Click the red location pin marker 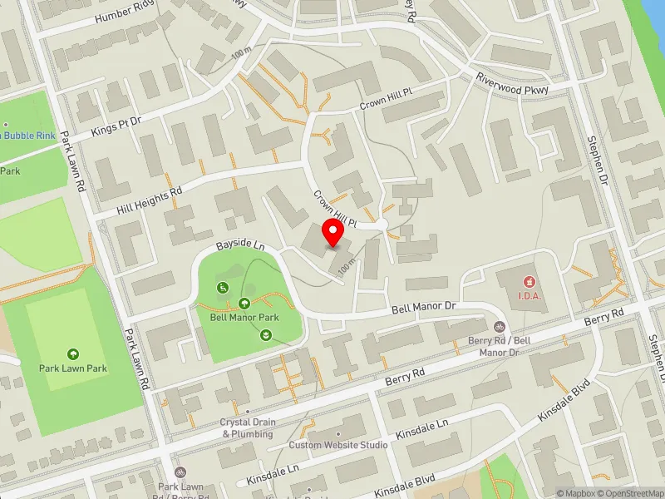[333, 233]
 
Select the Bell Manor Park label [244, 317]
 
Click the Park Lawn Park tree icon [73, 354]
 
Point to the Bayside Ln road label [239, 246]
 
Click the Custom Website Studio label [337, 445]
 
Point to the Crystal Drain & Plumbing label [247, 427]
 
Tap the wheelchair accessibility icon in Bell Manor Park [223, 288]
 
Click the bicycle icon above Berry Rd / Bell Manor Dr [499, 328]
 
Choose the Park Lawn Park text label [73, 368]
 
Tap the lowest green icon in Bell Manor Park [264, 334]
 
